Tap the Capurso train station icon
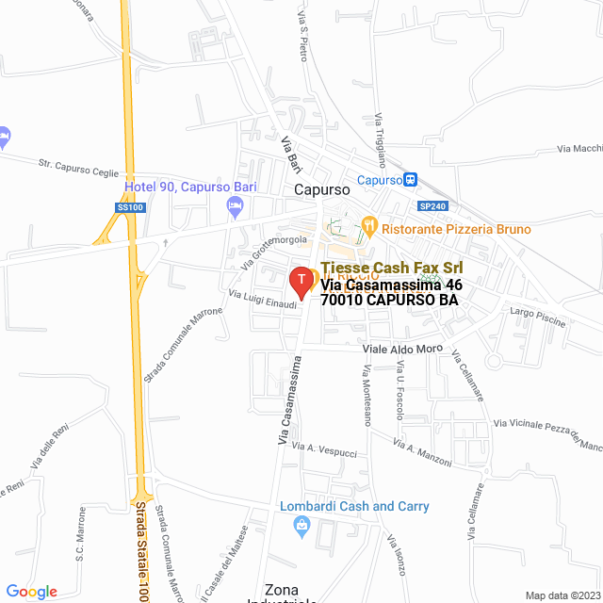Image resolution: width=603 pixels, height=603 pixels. [x=411, y=179]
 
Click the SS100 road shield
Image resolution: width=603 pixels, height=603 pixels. [x=131, y=206]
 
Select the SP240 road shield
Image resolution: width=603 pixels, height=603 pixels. [x=432, y=206]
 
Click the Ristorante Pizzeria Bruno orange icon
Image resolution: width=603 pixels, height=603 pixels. [x=369, y=228]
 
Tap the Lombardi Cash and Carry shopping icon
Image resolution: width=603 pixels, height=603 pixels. [x=302, y=526]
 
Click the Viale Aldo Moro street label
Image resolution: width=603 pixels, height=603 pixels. [x=402, y=349]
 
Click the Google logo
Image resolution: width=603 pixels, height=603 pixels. [x=31, y=591]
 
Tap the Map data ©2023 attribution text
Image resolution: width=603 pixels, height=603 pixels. [x=562, y=595]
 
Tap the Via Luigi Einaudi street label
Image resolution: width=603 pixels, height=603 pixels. [x=262, y=298]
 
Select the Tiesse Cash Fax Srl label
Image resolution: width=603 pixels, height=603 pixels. [x=392, y=268]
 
